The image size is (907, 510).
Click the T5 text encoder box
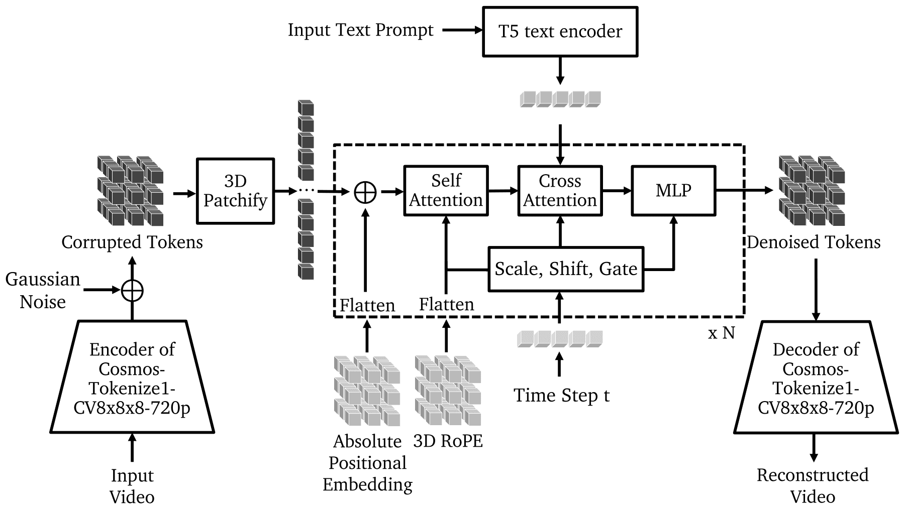[x=560, y=31]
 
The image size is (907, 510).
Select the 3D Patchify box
[x=235, y=191]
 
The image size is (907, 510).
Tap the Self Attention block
[x=446, y=191]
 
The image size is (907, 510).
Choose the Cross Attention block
[x=560, y=191]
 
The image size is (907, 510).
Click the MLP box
[x=673, y=191]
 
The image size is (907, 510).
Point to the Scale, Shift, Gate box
[x=566, y=269]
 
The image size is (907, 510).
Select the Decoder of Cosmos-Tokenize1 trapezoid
[x=816, y=377]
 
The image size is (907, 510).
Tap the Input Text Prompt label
[x=360, y=30]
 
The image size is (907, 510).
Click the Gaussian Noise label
[x=43, y=290]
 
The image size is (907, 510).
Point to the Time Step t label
[x=561, y=396]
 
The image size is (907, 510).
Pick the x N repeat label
[x=721, y=332]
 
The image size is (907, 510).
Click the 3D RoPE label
[x=448, y=441]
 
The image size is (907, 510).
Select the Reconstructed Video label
[x=813, y=485]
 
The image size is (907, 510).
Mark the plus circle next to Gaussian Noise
[x=132, y=290]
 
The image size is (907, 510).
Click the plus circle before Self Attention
[x=365, y=192]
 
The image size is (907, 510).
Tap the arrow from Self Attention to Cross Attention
[x=502, y=191]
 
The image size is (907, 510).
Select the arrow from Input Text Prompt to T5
[x=462, y=30]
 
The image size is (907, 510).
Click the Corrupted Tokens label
[x=132, y=242]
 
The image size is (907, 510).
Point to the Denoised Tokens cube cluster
[x=812, y=191]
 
